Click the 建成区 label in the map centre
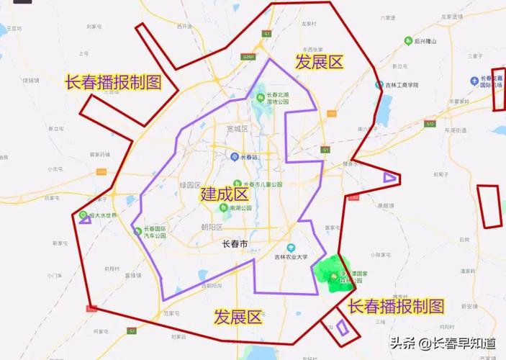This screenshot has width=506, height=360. click(225, 194)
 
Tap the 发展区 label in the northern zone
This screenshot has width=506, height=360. click(320, 63)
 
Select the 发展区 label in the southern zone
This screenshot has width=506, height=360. click(239, 317)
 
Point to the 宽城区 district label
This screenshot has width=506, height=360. click(237, 129)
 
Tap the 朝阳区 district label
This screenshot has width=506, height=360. click(213, 227)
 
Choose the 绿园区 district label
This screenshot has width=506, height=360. click(189, 185)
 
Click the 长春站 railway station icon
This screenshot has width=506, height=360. click(234, 156)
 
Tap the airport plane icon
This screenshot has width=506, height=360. click(474, 81)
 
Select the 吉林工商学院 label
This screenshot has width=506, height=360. click(402, 85)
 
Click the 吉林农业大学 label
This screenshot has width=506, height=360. click(310, 256)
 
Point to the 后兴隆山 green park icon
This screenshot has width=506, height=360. click(408, 41)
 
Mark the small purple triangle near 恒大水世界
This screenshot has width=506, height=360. click(85, 219)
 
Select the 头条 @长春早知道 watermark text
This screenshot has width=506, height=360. click(443, 344)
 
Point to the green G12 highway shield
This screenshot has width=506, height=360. click(430, 124)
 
